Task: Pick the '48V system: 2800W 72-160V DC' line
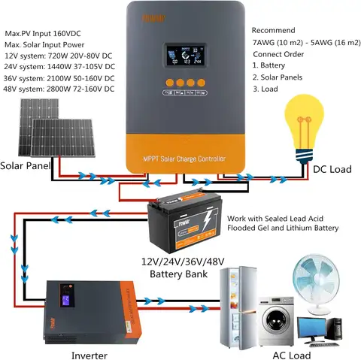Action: pos(59,89)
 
